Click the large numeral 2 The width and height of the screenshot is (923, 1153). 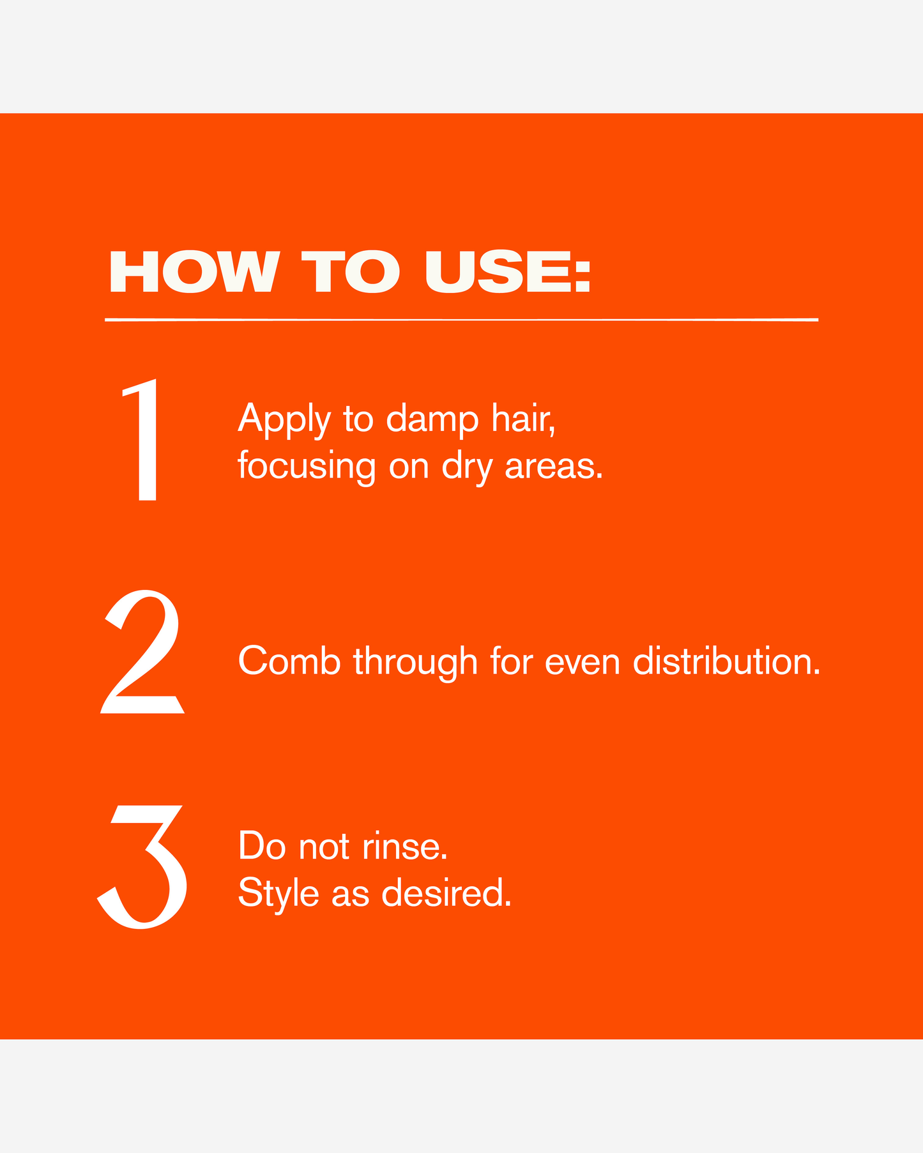point(142,651)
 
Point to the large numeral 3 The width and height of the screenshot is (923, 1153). point(142,866)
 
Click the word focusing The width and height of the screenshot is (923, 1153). point(307,467)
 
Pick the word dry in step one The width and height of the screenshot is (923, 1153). point(468,467)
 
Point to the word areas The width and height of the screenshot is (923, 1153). point(554,467)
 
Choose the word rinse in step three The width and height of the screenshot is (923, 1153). point(405,847)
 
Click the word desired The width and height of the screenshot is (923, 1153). point(447,893)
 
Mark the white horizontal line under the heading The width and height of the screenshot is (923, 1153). point(461,319)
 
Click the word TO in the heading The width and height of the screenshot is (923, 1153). point(351,272)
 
